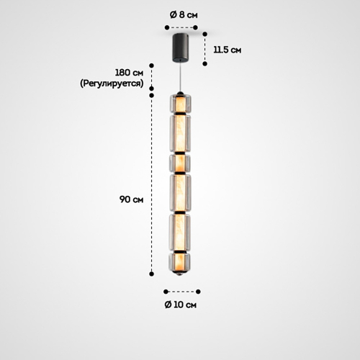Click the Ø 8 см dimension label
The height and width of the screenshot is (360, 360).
pos(184,15)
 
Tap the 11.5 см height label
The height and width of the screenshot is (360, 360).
pos(228,50)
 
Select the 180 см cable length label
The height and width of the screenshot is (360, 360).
pos(129,73)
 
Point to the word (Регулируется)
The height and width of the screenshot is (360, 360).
pos(112,84)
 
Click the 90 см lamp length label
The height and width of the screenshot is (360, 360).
pos(132,199)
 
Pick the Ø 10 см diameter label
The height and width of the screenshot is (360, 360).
pos(181,305)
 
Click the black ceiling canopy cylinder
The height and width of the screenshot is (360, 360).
pos(181,48)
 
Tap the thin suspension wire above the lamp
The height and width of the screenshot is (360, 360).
pos(181,77)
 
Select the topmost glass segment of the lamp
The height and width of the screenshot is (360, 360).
pos(181,103)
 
